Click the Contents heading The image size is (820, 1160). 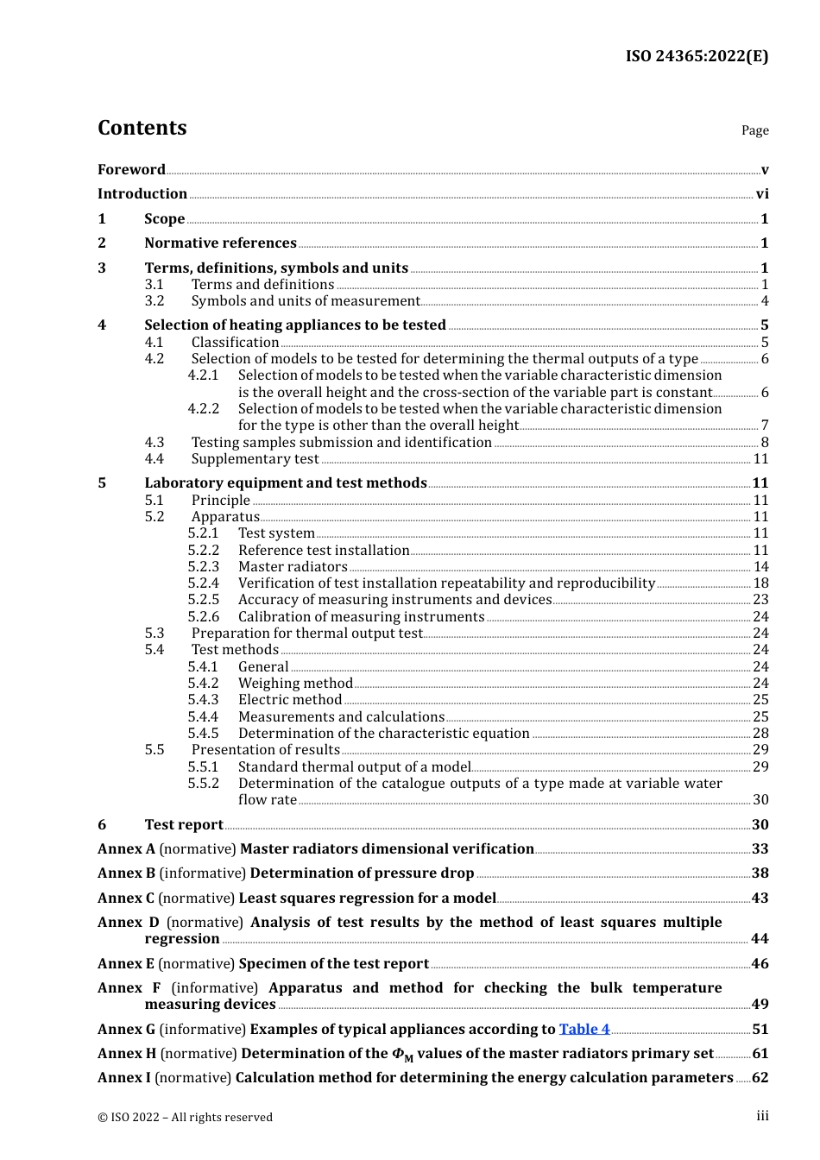[142, 128]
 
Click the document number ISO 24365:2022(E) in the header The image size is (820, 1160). [697, 56]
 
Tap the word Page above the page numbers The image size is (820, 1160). [754, 130]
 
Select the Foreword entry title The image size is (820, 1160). [131, 169]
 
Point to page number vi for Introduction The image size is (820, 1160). [762, 194]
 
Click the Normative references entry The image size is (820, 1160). [220, 243]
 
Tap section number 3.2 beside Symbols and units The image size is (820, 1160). [155, 301]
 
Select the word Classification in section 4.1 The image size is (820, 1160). [235, 342]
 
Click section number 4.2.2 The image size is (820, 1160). [204, 408]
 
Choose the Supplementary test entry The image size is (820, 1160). [255, 459]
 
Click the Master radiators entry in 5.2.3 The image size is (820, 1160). [293, 567]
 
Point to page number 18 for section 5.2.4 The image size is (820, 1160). [760, 583]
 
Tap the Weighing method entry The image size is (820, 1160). [295, 684]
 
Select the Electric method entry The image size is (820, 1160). [290, 700]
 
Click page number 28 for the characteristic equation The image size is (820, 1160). [760, 734]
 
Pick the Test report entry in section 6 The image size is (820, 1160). [184, 825]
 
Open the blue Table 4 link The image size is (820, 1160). [584, 1030]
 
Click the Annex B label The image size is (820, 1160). [126, 873]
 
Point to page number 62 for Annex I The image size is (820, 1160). [760, 1078]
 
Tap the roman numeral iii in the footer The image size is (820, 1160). [762, 1116]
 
